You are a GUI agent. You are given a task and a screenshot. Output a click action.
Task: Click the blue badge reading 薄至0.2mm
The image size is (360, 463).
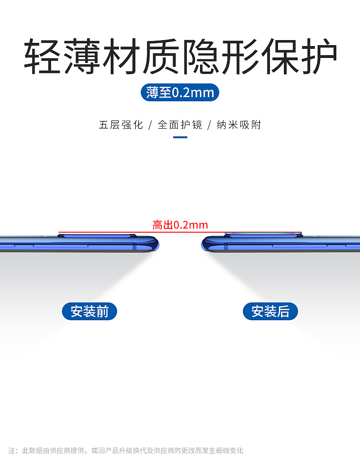[x=180, y=93]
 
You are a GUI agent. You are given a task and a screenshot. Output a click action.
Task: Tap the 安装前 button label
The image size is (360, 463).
[x=89, y=312]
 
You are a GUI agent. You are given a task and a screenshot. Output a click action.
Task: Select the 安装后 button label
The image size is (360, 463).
[x=270, y=312]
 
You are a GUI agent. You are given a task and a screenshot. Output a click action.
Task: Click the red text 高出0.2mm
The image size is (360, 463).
[x=180, y=225]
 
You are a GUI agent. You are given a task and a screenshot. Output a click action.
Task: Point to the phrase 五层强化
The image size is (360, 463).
[x=121, y=125]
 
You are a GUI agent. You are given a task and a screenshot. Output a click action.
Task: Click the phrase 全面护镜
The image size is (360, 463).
[x=180, y=125]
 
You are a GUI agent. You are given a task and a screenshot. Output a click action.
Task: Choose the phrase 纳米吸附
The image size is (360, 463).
[x=239, y=125]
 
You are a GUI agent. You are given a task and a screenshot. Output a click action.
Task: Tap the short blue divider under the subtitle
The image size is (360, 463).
[x=180, y=137]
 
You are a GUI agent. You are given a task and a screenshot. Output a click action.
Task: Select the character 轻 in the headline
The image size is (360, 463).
[x=43, y=57]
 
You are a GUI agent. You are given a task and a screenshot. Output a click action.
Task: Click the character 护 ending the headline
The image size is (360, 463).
[x=318, y=57]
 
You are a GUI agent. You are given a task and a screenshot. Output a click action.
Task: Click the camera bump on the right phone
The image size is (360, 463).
[x=263, y=235]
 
